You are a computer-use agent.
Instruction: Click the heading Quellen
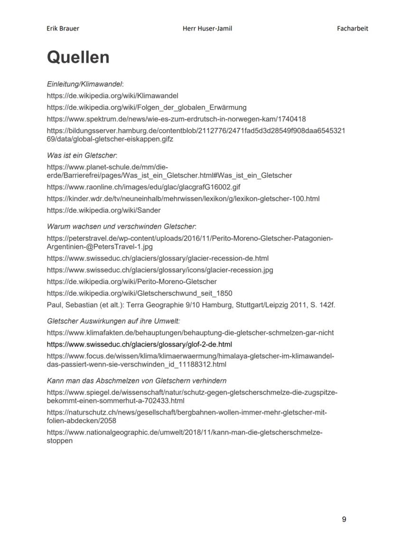[x=78, y=57]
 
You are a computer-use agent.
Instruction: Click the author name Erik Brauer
[x=63, y=28]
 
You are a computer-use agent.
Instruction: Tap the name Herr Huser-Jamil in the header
[x=207, y=28]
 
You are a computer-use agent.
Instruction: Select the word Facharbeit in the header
[x=352, y=28]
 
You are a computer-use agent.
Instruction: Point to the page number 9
[x=344, y=519]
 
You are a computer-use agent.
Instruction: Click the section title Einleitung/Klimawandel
[x=84, y=84]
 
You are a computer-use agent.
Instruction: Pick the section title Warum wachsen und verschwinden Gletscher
[x=121, y=226]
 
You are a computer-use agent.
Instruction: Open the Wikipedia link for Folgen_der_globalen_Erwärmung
[x=146, y=107]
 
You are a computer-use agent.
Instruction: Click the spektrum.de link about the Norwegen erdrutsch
[x=176, y=119]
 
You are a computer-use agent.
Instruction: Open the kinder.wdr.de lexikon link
[x=183, y=198]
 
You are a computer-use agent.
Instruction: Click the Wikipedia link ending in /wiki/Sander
[x=103, y=210]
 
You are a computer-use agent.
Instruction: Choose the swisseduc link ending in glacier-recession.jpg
[x=159, y=270]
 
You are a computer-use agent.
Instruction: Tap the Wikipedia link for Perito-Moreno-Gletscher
[x=131, y=282]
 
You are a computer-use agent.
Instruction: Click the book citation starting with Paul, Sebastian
[x=191, y=305]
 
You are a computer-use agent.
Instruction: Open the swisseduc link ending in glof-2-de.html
[x=139, y=344]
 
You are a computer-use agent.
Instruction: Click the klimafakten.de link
[x=190, y=333]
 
